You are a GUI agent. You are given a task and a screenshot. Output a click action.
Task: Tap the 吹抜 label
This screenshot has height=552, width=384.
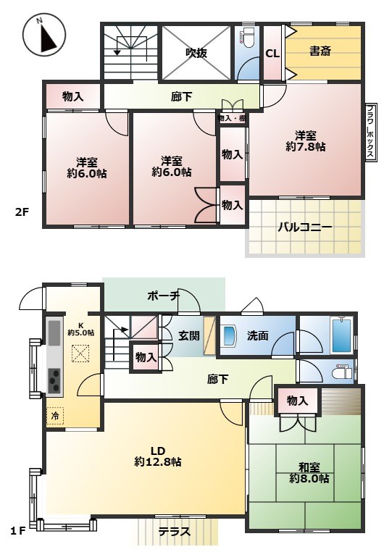tap(197, 52)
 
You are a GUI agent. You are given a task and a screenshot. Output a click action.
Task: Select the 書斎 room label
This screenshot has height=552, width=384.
tap(321, 51)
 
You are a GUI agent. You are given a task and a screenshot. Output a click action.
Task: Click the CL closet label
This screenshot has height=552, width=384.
tap(272, 53)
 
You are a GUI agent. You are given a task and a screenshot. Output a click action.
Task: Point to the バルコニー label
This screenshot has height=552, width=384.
tap(305, 227)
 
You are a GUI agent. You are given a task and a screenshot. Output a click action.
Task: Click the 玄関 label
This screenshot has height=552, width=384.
tap(190, 335)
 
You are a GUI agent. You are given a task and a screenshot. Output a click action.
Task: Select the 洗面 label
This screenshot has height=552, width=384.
tap(258, 336)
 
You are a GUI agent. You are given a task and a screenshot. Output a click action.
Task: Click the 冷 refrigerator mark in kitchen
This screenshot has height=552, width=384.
tap(55, 417)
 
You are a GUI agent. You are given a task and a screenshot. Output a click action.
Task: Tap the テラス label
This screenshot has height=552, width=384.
tap(175, 531)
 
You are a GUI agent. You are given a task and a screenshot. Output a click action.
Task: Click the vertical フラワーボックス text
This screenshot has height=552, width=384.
tap(370, 132)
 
